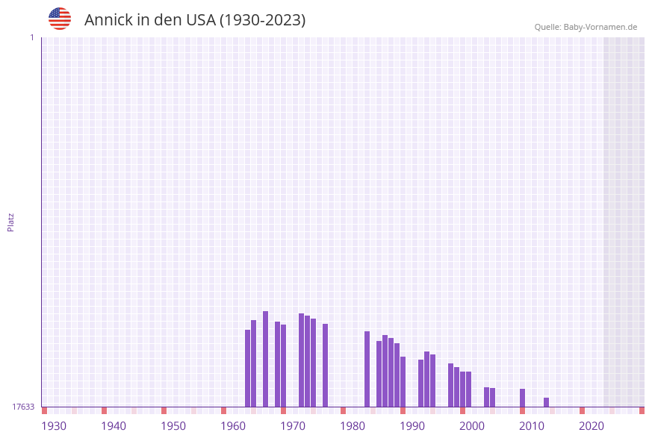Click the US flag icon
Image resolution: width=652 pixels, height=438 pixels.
coord(60,19)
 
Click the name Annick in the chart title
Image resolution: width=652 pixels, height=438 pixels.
coord(108,20)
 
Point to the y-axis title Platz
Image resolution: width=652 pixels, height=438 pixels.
coord(11,222)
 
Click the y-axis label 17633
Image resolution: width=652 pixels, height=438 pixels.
coord(23,407)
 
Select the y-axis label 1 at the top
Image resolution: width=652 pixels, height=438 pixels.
coord(31,37)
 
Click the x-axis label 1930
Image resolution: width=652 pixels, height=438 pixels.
coord(54,426)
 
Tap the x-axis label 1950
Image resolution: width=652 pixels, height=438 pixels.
coord(173,426)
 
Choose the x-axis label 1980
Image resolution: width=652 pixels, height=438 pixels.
coord(353,426)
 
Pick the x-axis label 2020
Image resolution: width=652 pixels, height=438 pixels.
coord(592,426)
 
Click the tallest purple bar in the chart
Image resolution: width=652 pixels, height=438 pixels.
coord(265,359)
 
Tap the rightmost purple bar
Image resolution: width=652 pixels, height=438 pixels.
coord(546,402)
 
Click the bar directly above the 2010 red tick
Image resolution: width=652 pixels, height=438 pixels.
coord(522,398)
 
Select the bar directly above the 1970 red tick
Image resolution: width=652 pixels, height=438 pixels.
coord(283,366)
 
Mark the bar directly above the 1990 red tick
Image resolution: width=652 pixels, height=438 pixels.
coord(403,381)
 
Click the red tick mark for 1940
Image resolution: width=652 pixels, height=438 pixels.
coord(104,410)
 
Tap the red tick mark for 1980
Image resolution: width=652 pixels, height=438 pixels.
coord(343,410)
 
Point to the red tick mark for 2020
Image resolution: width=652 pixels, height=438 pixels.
coord(582,410)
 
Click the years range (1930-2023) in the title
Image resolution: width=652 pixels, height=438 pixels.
coord(262,20)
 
